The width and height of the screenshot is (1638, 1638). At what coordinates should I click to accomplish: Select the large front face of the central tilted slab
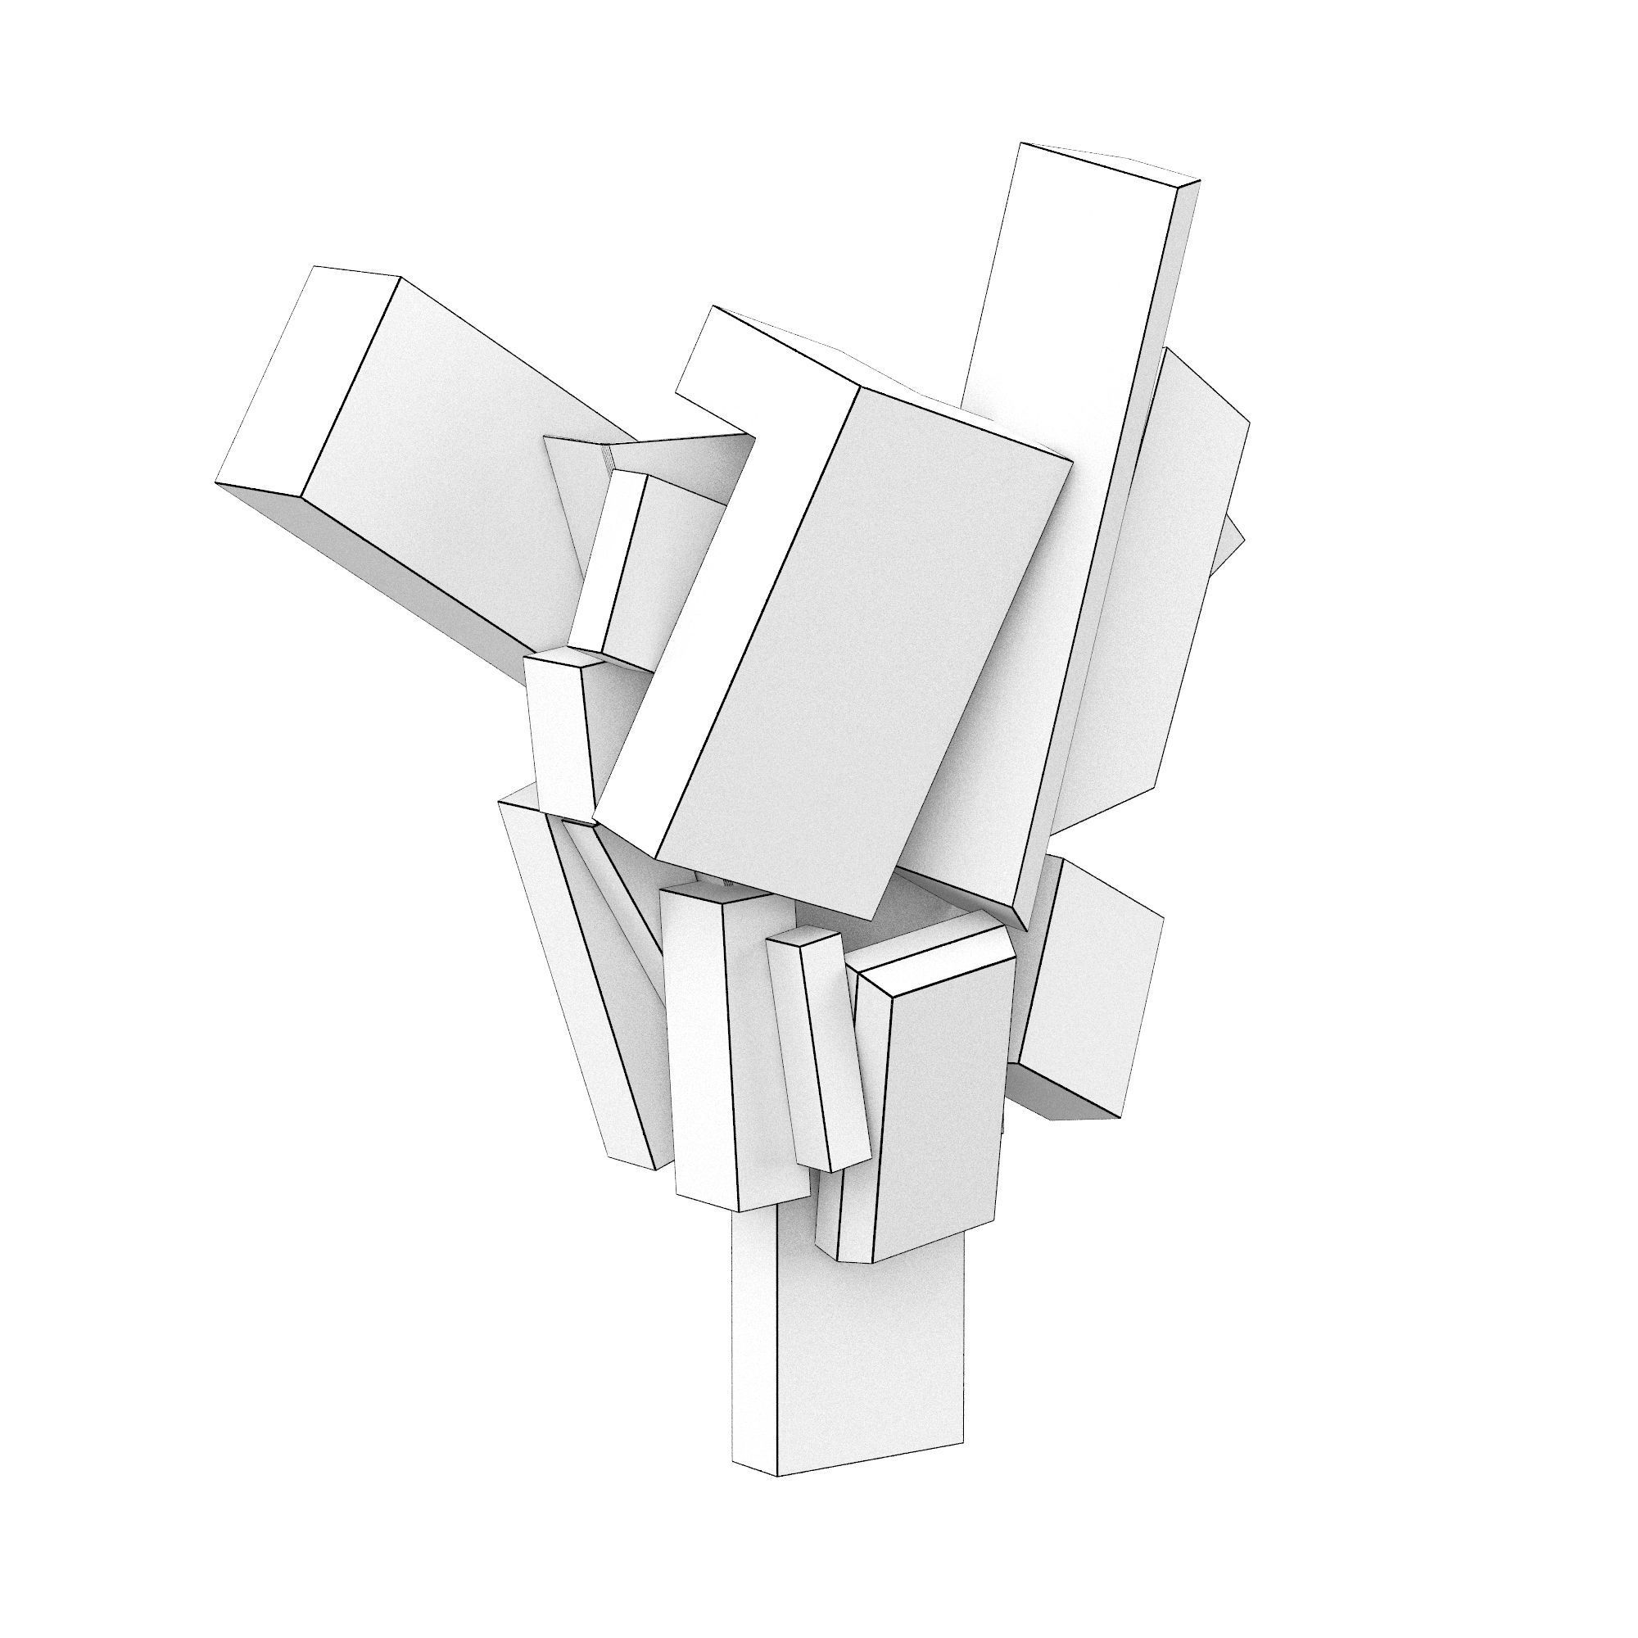[x=865, y=645]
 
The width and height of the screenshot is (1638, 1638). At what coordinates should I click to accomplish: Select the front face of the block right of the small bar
[x=941, y=1119]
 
